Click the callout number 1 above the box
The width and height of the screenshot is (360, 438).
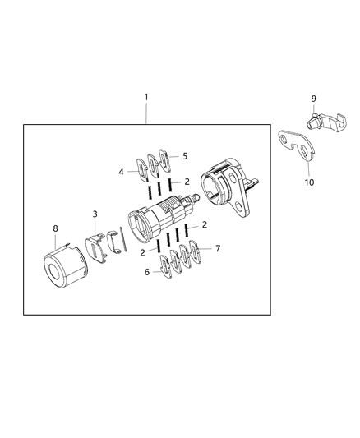(146, 98)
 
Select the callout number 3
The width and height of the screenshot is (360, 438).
(95, 214)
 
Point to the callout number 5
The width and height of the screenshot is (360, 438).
(185, 155)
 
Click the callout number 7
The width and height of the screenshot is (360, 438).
(218, 247)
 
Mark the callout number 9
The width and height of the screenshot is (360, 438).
(313, 99)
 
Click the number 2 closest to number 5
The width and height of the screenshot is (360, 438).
(187, 180)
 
